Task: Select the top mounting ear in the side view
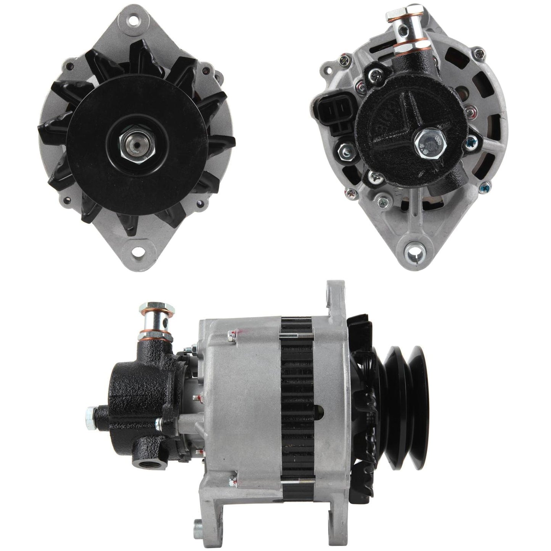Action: [329, 297]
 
